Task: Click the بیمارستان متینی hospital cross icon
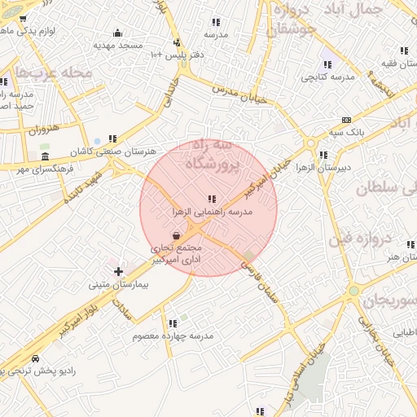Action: point(119,270)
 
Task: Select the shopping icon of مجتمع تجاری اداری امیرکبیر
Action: point(177,235)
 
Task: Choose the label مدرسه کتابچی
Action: point(327,77)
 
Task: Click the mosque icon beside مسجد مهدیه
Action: point(117,33)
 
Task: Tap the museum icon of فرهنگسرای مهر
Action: point(44,156)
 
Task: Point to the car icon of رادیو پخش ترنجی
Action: point(35,358)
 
